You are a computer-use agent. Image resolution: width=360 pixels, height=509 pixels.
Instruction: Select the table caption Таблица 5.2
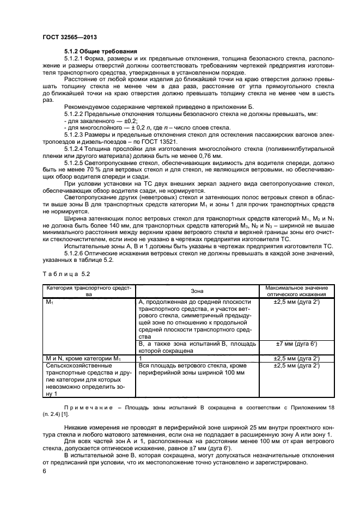point(63,273)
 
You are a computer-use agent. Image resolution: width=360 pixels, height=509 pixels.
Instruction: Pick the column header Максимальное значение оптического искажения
point(296,291)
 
